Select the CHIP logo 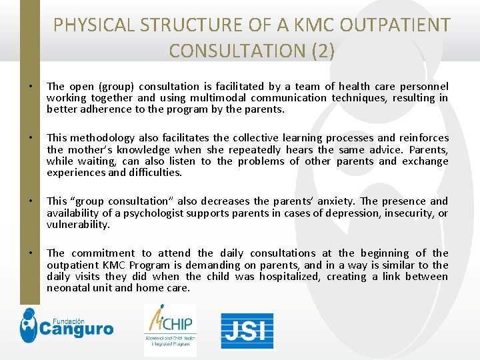tap(170, 329)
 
